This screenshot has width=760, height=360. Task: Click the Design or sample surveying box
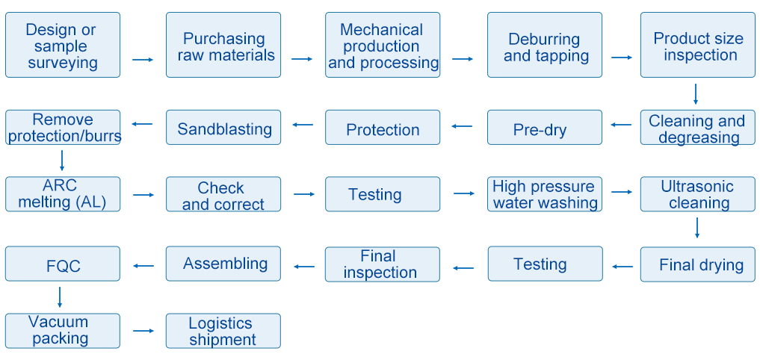click(63, 45)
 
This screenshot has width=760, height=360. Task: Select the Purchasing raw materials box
click(223, 45)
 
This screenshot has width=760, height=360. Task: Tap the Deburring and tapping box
click(545, 45)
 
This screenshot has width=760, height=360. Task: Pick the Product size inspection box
click(698, 45)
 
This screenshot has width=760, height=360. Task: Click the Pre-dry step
click(545, 127)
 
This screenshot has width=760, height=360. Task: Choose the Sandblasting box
click(223, 127)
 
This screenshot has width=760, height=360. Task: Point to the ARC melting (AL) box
click(63, 193)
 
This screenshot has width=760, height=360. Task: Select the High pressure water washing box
click(545, 193)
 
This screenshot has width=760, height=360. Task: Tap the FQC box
click(63, 264)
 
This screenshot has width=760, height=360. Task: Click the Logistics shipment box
click(223, 330)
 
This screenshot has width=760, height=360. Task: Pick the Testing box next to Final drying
click(546, 264)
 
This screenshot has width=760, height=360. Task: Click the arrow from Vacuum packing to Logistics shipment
click(143, 331)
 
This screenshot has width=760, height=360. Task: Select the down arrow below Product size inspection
click(696, 94)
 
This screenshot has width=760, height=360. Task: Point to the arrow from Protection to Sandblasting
click(303, 125)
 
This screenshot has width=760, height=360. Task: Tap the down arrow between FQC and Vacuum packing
click(60, 297)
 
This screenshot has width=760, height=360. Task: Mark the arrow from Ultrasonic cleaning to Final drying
click(697, 228)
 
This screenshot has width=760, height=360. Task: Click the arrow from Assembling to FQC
click(143, 265)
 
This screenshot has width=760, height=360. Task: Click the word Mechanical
click(381, 30)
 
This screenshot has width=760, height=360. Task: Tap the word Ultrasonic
click(697, 187)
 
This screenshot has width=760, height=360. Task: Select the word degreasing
click(699, 137)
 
